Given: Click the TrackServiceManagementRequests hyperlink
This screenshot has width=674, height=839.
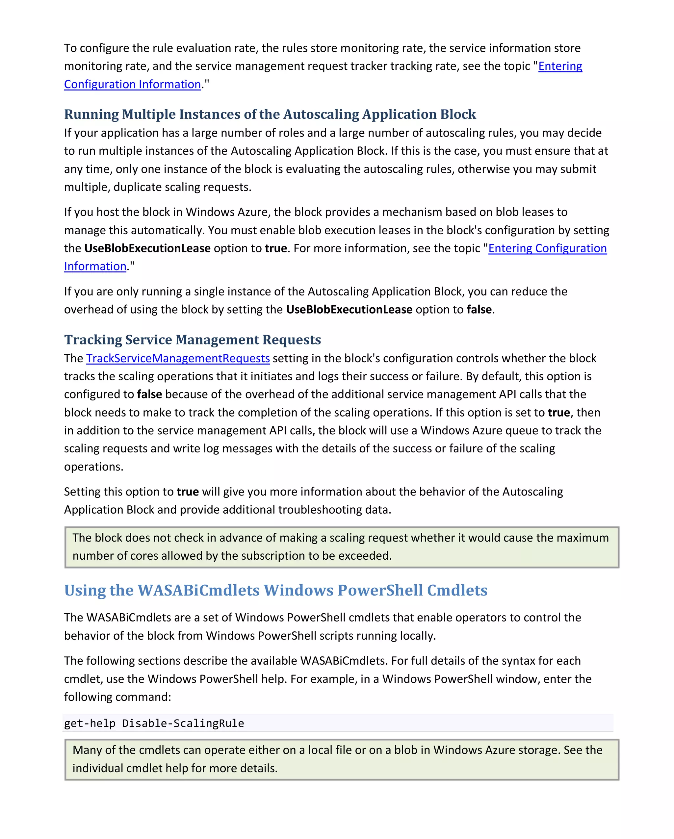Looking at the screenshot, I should pos(178,358).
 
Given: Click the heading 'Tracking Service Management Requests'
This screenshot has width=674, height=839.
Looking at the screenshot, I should pos(192,340).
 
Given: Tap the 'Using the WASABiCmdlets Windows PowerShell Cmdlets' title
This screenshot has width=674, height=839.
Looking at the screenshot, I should pos(275,590).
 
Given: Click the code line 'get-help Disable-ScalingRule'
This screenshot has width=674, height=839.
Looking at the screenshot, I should pos(154,723).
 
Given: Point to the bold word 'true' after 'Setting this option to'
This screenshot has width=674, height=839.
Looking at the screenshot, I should pos(188,492).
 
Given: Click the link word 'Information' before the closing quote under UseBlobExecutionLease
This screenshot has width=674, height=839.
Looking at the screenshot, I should pos(95,266).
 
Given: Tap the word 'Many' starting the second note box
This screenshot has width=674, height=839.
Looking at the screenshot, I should pos(87,750).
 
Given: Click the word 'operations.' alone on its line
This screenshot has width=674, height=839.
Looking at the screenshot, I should pos(93,467).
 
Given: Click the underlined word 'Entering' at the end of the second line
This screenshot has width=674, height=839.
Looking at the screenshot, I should pos(560,66).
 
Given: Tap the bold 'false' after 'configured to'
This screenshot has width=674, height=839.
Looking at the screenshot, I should pos(149,394).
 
